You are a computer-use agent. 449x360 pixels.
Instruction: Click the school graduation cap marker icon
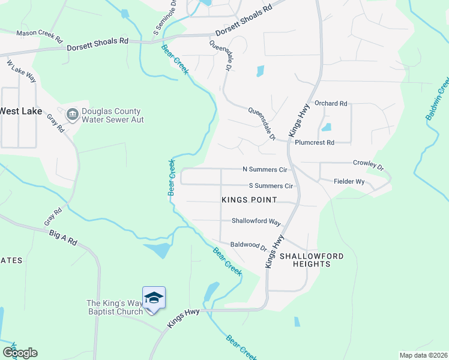point(154,298)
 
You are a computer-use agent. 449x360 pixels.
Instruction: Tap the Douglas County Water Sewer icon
point(73,114)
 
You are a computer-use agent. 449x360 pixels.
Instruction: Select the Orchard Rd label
point(331,104)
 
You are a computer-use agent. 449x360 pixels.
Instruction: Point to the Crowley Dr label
point(367,163)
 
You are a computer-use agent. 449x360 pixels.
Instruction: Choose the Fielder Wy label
point(349,181)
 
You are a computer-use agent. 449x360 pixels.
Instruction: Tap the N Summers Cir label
point(264,170)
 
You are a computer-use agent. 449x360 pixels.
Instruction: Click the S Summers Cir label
point(270,186)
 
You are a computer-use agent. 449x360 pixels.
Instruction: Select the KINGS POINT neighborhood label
point(249,200)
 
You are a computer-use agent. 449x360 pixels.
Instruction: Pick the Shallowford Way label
point(256,221)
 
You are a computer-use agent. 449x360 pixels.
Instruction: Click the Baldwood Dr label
point(248,245)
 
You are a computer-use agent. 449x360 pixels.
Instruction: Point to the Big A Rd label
point(64,238)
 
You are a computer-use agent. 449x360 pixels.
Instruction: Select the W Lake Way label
point(22,71)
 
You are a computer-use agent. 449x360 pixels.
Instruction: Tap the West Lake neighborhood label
point(20,111)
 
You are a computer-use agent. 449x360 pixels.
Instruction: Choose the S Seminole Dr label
point(164,18)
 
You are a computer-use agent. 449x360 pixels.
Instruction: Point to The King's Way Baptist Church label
point(115,307)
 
